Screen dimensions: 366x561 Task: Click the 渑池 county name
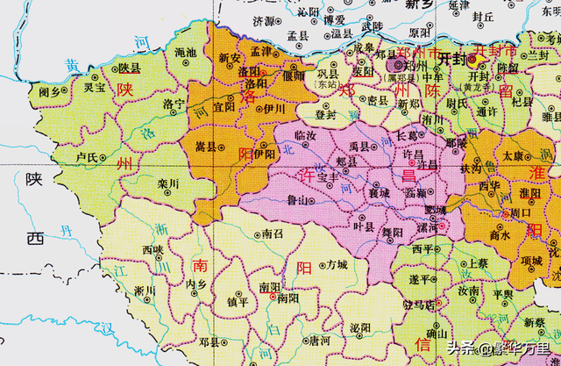coord(185,54)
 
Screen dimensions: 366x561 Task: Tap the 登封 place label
coord(325,113)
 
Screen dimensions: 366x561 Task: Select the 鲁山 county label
coord(298,201)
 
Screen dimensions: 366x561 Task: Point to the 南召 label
coord(273,235)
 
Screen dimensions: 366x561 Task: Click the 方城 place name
coord(337,264)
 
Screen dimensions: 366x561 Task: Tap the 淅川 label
coord(145,291)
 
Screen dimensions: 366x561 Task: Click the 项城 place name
coord(531,261)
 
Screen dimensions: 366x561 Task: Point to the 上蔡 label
coord(477,262)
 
